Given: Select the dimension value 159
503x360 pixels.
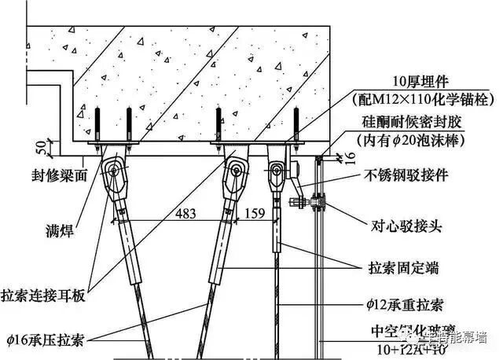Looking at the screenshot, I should (x=255, y=214).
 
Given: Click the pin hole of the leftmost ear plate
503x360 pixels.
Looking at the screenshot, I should (x=116, y=171).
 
